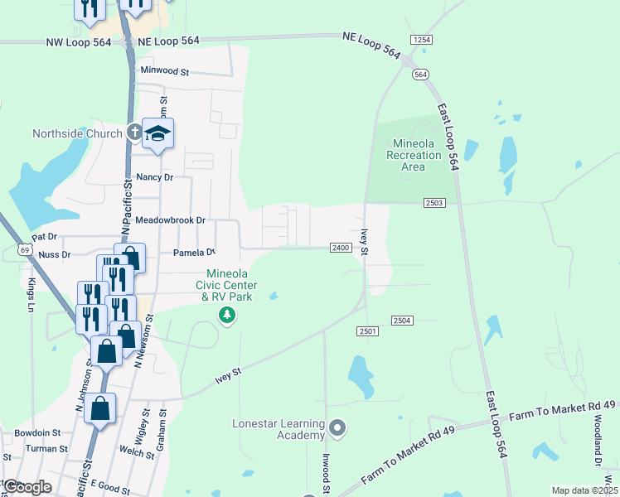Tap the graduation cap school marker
(x=157, y=134)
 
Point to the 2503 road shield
(x=434, y=203)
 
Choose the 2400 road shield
(x=341, y=248)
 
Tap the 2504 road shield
(x=402, y=321)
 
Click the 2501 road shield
(x=368, y=331)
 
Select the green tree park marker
(x=226, y=315)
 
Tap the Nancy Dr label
(x=155, y=177)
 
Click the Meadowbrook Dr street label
(x=170, y=221)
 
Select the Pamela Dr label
(x=194, y=253)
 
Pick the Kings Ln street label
(x=31, y=295)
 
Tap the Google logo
(x=27, y=487)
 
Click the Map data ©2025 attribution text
(x=584, y=490)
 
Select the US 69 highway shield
(x=25, y=249)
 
